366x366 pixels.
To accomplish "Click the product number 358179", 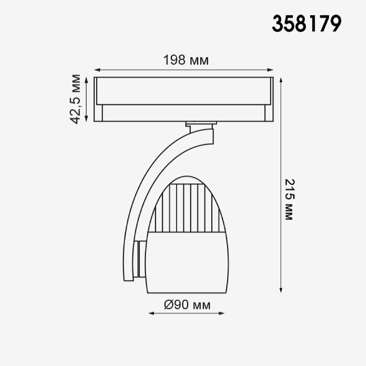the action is click(306, 24).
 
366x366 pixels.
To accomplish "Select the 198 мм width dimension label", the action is click(186, 60).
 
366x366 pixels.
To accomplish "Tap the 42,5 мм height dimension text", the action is click(75, 99).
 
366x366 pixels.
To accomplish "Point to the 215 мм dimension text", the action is click(290, 199).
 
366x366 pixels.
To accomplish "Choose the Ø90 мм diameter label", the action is click(187, 305).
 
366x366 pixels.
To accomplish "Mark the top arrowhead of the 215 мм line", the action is click(281, 80).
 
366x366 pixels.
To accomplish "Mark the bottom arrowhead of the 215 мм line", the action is click(281, 289).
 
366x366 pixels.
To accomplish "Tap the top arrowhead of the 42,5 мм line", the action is click(86, 80).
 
